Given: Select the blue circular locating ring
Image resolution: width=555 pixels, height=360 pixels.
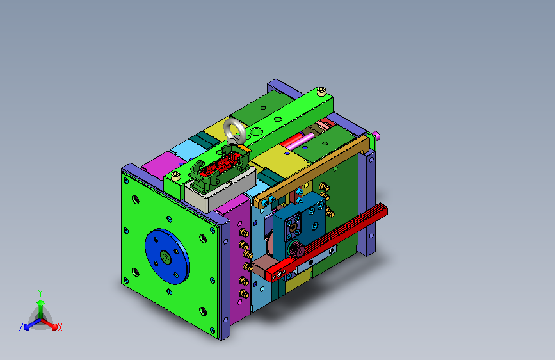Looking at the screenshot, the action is pyautogui.click(x=167, y=256).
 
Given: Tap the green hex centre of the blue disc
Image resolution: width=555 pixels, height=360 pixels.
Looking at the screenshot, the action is pyautogui.click(x=165, y=257).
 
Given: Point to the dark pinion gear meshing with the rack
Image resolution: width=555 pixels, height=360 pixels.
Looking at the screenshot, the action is pyautogui.click(x=296, y=249).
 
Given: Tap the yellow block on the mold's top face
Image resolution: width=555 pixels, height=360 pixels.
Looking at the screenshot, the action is pyautogui.click(x=280, y=161).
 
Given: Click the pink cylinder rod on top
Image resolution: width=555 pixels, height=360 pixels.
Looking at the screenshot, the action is pyautogui.click(x=300, y=141).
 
